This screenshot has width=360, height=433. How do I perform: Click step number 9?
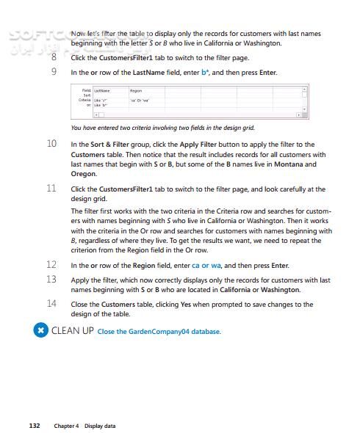[54, 72]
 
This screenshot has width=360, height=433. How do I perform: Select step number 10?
[51, 144]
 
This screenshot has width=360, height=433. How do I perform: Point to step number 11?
[51, 189]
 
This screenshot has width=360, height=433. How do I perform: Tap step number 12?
[51, 264]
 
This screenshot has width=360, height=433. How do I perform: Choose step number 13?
[51, 280]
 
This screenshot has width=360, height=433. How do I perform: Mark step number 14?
[51, 304]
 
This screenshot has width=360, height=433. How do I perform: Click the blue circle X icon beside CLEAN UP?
[41, 330]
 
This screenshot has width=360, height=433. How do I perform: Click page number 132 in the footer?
[34, 426]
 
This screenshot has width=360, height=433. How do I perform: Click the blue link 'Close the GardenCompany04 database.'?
[159, 332]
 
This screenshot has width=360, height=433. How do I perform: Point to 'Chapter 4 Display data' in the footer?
[84, 426]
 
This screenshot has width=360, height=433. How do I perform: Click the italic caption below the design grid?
[162, 128]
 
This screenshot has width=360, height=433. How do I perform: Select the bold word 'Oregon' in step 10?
[84, 173]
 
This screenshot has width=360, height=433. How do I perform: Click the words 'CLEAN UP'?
[72, 330]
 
